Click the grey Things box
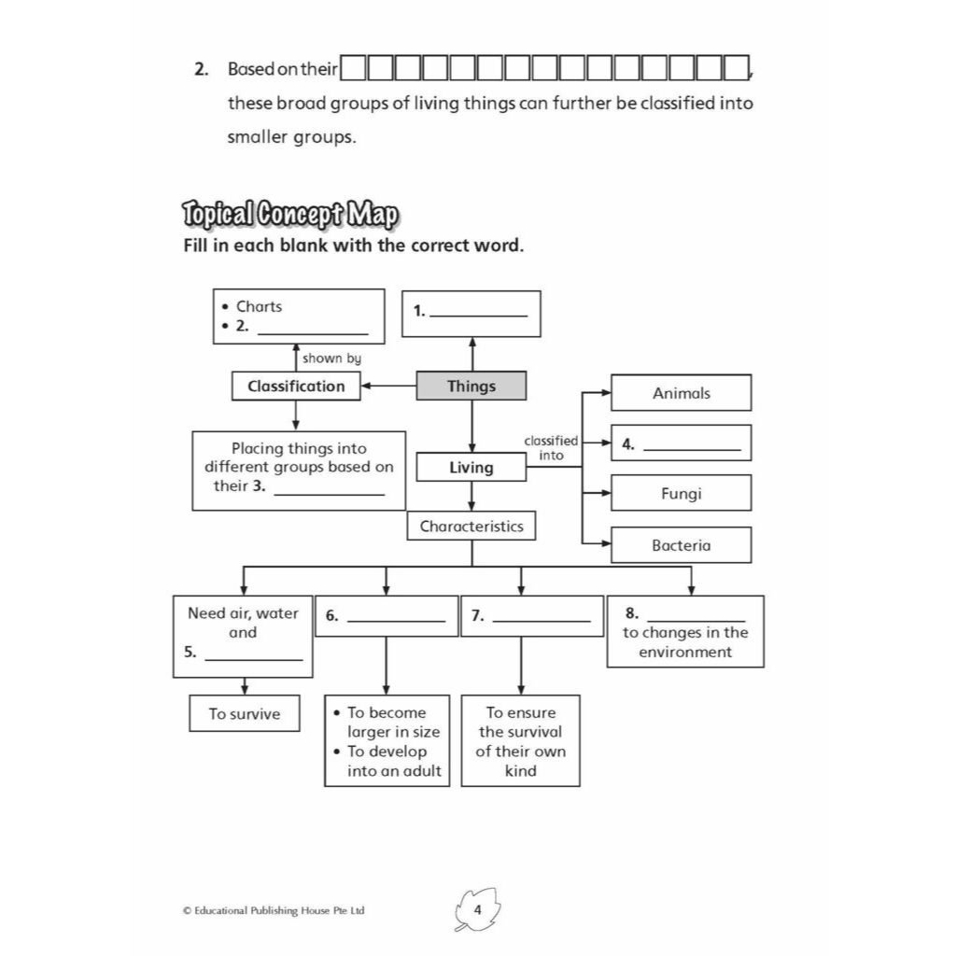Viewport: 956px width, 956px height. point(471,386)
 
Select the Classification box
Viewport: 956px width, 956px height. point(296,386)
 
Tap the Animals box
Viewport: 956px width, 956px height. point(681,393)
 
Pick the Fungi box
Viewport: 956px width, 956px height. point(681,493)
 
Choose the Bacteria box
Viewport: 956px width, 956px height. point(681,544)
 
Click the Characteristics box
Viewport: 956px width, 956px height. point(471,526)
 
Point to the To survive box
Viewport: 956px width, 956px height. point(245,713)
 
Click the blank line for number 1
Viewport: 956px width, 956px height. point(479,316)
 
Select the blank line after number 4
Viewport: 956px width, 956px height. point(692,450)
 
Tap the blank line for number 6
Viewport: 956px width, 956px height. point(396,621)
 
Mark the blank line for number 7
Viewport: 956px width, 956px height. point(541,621)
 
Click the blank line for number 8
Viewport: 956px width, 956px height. point(696,620)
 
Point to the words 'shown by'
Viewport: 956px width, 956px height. point(331,358)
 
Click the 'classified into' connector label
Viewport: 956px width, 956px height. point(551,448)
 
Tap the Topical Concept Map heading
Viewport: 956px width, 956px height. point(291,215)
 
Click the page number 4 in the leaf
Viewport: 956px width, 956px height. point(477,909)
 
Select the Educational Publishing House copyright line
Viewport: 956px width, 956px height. point(274,910)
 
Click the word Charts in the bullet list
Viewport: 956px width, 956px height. point(260,306)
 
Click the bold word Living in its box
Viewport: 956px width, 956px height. point(471,468)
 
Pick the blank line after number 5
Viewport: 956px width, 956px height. point(254,660)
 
